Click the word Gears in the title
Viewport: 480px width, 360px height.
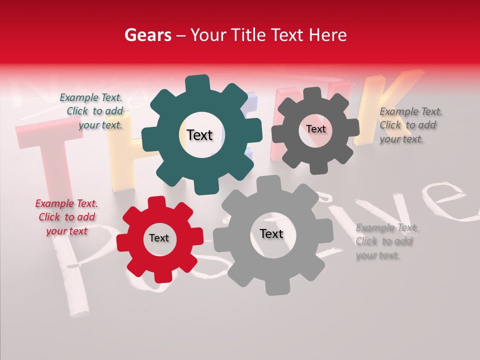pos(147,35)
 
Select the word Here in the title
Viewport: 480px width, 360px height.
pos(328,35)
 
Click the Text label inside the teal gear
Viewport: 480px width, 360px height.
pos(199,135)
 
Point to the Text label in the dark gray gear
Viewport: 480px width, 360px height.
pos(316,129)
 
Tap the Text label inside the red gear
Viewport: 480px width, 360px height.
pos(159,238)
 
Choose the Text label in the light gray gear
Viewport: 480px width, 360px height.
pos(271,234)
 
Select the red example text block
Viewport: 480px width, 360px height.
pos(66,217)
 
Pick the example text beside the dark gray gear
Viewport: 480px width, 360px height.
pos(410,125)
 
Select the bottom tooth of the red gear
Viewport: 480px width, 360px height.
pos(163,275)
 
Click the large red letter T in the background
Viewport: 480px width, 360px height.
pos(45,155)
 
